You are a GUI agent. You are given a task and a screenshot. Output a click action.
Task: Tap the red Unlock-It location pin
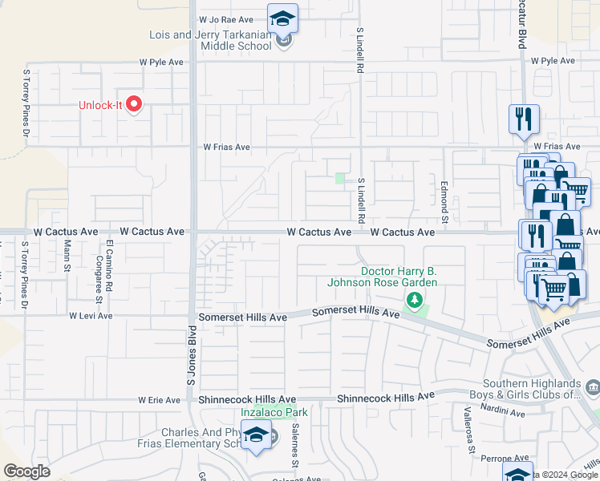pos(135,105)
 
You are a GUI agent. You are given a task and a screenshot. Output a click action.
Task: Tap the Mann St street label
pos(68,256)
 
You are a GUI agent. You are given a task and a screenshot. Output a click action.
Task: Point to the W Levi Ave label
pos(90,317)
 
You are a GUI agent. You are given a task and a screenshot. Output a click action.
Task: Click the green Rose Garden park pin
pos(415,301)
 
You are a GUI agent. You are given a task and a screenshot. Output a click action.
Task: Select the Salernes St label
pos(295,446)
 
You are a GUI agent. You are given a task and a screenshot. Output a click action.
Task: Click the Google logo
pos(27,471)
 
